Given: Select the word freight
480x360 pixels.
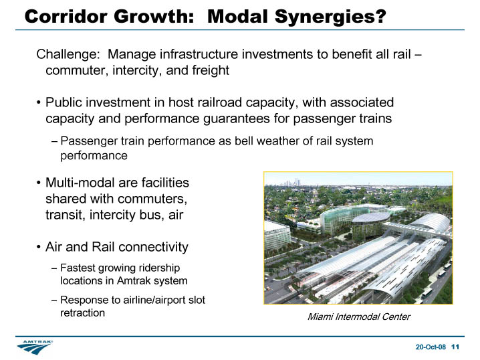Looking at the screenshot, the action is coord(211,70).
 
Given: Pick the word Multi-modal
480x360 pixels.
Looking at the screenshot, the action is coord(80,183).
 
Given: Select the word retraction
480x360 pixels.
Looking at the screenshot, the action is coord(83,312).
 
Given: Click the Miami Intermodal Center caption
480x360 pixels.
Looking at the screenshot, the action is coord(359,317).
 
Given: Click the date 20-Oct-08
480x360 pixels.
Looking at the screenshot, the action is coord(431,347).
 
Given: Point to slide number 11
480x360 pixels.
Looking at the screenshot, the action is coord(455,347).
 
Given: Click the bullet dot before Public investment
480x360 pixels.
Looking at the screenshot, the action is coord(38,102).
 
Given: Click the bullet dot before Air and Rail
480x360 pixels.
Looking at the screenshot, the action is coord(38,247).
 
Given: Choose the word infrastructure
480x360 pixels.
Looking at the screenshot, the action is coord(199,55).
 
